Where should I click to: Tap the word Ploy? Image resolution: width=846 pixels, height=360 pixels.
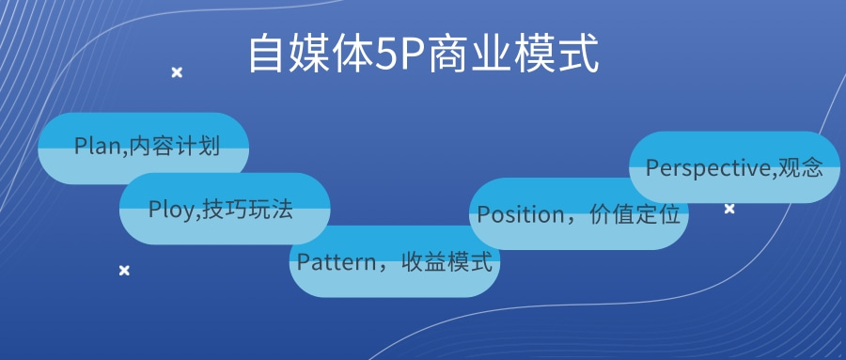tap(169, 210)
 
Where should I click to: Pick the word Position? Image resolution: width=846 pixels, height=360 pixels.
tap(519, 214)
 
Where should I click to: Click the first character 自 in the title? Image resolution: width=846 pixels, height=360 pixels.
tap(265, 55)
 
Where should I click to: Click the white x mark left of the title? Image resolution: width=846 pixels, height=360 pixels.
tap(176, 72)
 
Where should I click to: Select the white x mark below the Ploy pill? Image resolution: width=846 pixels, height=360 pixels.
tap(124, 271)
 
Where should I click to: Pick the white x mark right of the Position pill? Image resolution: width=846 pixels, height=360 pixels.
tap(729, 209)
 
